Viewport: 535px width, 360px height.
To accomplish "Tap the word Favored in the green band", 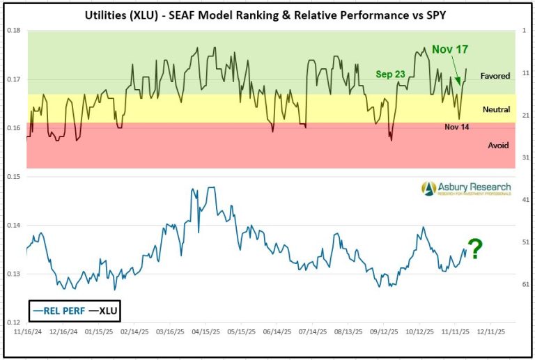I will (495, 75).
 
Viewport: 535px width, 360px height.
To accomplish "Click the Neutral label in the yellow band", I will (496, 109).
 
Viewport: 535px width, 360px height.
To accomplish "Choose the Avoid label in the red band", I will (498, 145).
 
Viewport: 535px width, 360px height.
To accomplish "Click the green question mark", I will (475, 249).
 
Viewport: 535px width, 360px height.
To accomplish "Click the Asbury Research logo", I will (465, 188).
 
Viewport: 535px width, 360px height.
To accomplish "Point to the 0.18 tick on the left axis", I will (14, 31).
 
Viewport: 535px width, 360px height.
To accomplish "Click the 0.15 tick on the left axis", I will (14, 177).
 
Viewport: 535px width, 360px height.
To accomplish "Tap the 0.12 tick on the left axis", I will (14, 323).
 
